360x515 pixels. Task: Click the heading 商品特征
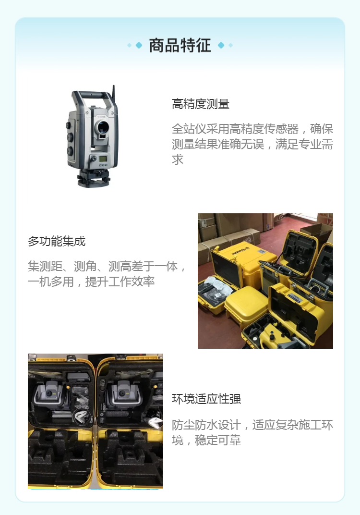(x=180, y=45)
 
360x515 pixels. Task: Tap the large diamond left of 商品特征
(x=139, y=45)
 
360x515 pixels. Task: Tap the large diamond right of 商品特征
(x=221, y=45)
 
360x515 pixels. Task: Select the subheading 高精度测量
(x=201, y=104)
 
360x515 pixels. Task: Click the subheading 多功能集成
(x=57, y=241)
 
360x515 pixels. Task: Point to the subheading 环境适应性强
(x=206, y=399)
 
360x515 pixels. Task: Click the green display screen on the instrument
(x=103, y=159)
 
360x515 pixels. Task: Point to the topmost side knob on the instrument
(x=68, y=125)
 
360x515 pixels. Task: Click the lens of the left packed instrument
(x=49, y=393)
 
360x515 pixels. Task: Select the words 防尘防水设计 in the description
(x=206, y=425)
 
